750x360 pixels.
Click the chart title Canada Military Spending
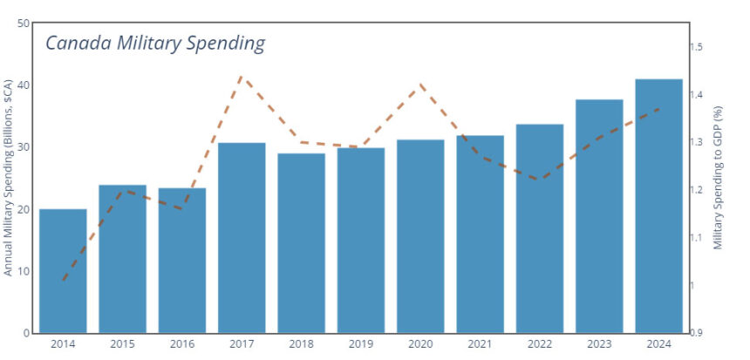click(154, 43)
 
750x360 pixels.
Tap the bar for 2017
click(242, 237)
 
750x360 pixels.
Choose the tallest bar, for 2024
click(658, 206)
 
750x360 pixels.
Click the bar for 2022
click(540, 228)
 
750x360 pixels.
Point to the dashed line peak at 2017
click(242, 77)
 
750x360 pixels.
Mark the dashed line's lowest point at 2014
click(64, 281)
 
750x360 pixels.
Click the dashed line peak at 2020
click(421, 85)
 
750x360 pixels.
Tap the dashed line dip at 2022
click(540, 180)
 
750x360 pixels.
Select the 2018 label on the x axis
click(301, 344)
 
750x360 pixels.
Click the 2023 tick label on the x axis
click(599, 344)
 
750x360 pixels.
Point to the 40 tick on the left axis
click(24, 85)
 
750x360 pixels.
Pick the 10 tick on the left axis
click(24, 271)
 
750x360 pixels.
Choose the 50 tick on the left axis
click(24, 24)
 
